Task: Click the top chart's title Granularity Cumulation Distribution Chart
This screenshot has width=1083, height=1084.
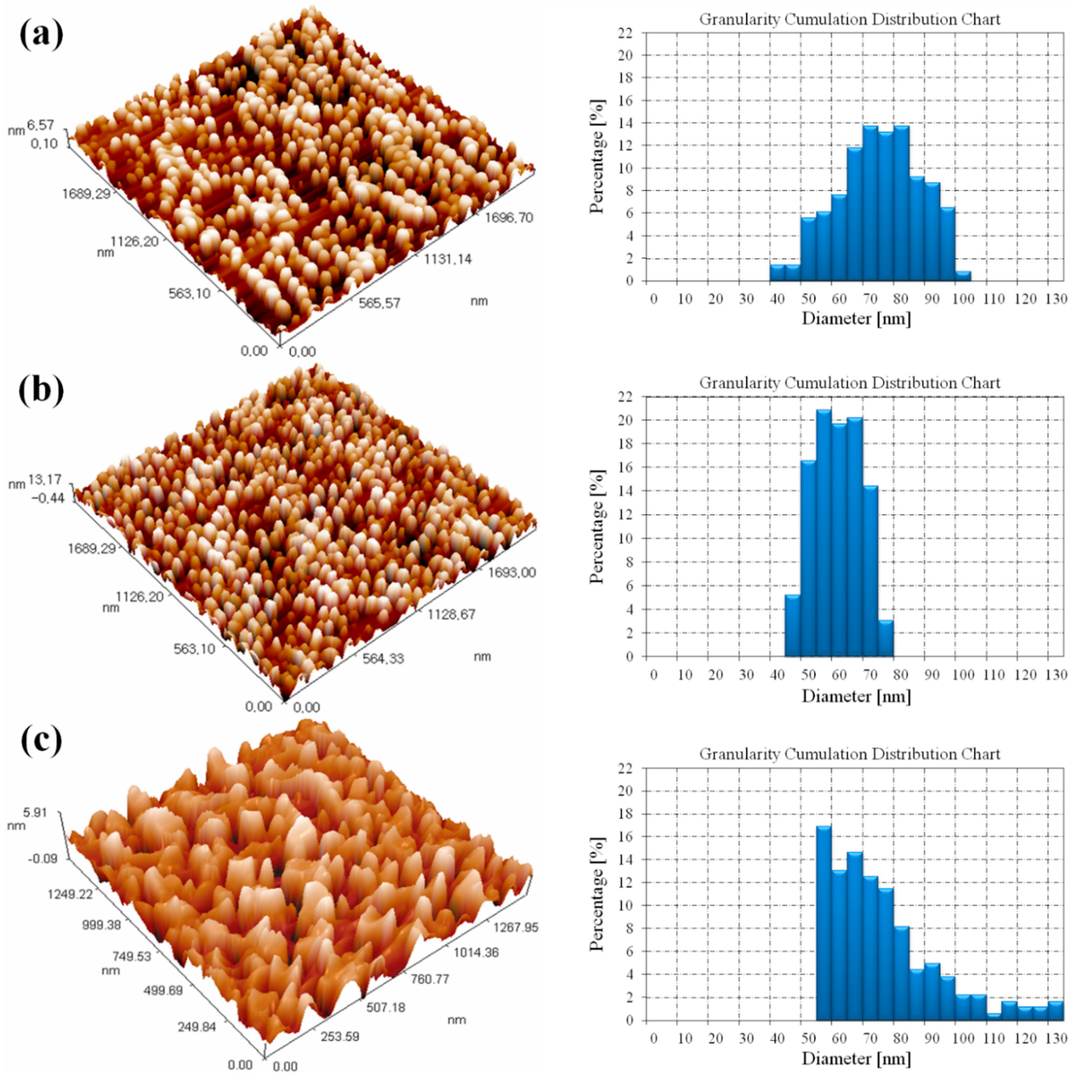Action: tap(849, 20)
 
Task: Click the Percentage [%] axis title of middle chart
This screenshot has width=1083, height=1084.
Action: tap(598, 526)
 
